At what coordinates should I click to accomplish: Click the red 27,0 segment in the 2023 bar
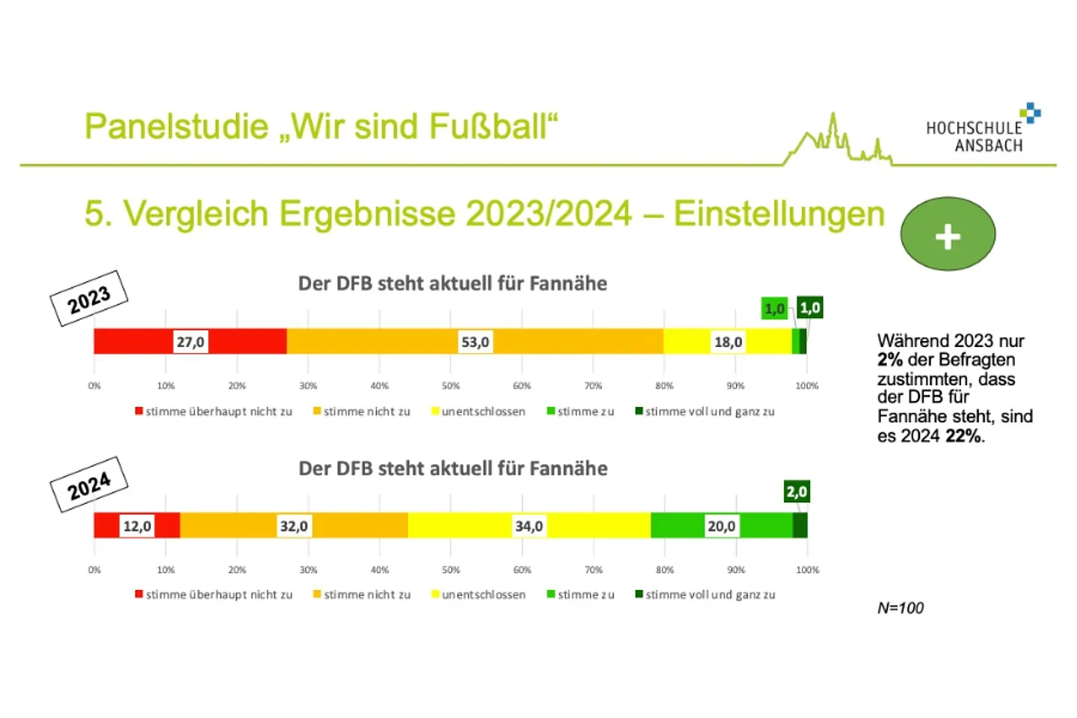click(x=144, y=342)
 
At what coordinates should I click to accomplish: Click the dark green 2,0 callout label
click(x=797, y=491)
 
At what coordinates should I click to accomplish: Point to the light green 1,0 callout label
click(x=775, y=308)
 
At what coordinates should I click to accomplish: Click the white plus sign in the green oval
click(x=948, y=236)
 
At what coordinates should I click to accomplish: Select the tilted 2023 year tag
click(x=89, y=298)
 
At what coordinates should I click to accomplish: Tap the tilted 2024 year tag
click(x=89, y=485)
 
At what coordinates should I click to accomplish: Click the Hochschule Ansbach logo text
click(x=974, y=137)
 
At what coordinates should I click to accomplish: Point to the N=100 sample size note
click(x=900, y=608)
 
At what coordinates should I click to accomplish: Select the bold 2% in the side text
click(x=890, y=360)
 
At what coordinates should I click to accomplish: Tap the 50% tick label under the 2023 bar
click(x=451, y=386)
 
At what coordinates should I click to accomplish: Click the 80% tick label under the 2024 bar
click(x=664, y=570)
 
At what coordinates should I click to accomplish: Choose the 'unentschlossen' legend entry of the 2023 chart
click(x=479, y=411)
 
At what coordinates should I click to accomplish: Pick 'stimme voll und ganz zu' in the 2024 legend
click(x=706, y=595)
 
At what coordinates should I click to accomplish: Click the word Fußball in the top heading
click(x=488, y=126)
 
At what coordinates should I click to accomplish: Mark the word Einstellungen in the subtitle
click(x=779, y=214)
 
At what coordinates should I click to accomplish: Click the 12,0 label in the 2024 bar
click(x=138, y=526)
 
